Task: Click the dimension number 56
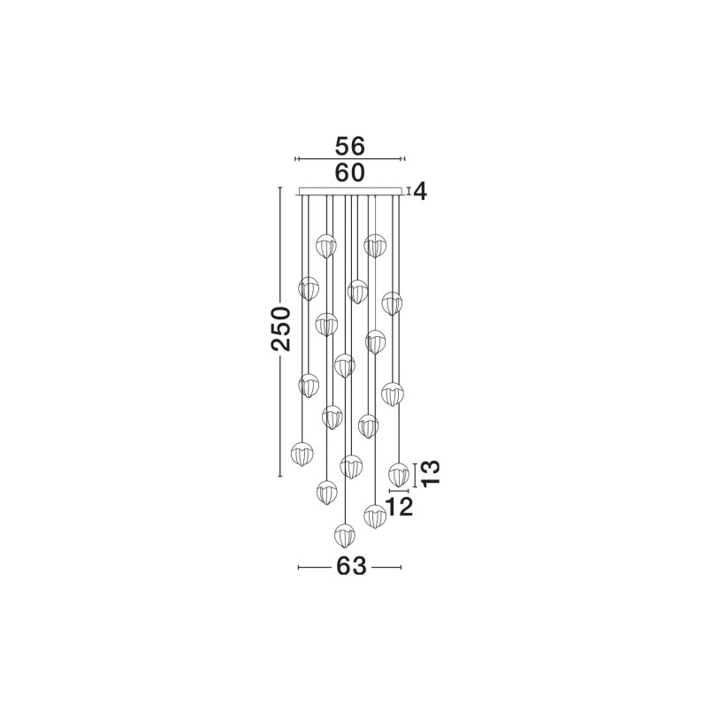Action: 349,147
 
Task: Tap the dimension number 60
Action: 349,172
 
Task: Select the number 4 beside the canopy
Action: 420,192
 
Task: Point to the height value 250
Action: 280,329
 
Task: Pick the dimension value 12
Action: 399,507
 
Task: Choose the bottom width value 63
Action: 351,566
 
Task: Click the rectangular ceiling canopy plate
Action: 349,191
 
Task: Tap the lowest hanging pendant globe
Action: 345,535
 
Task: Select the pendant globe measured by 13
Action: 399,474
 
